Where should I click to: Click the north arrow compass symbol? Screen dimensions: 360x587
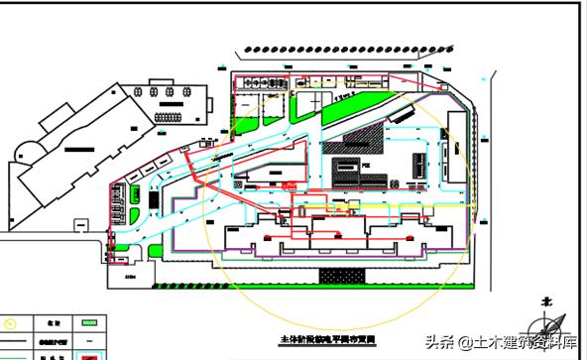click(548, 324)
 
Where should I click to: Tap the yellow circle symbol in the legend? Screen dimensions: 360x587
click(11, 323)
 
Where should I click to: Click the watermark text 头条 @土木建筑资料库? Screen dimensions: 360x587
click(501, 343)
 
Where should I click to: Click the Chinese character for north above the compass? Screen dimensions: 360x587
click(545, 296)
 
